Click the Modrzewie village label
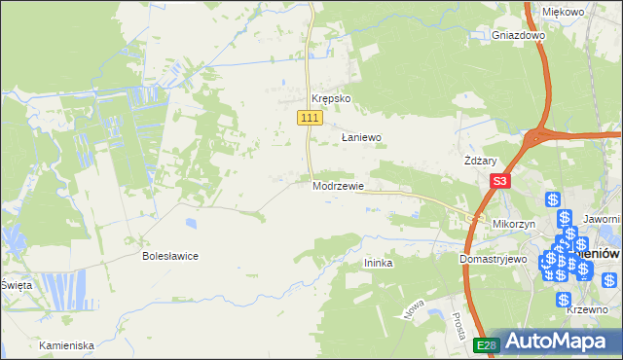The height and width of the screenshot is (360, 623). pos(338,186)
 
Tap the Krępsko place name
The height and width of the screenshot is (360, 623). pos(330,99)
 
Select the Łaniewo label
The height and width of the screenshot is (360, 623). pos(360,138)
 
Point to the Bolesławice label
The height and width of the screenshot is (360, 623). pos(170,256)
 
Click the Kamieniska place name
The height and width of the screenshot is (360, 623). pos(66,345)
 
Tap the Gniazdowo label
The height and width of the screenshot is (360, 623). pos(518,35)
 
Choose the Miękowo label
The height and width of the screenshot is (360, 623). pos(563,12)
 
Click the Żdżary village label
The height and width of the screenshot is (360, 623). pos(481,161)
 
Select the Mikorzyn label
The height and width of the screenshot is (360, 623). pos(516,224)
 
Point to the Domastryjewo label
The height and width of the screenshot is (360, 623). pos(493,260)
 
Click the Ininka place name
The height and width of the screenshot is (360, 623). pos(378,263)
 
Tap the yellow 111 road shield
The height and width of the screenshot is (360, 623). pos(309,118)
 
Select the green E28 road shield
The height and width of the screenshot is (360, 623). pos(487,344)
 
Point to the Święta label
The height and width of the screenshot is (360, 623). pos(17,285)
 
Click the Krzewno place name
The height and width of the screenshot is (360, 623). pos(588,308)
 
